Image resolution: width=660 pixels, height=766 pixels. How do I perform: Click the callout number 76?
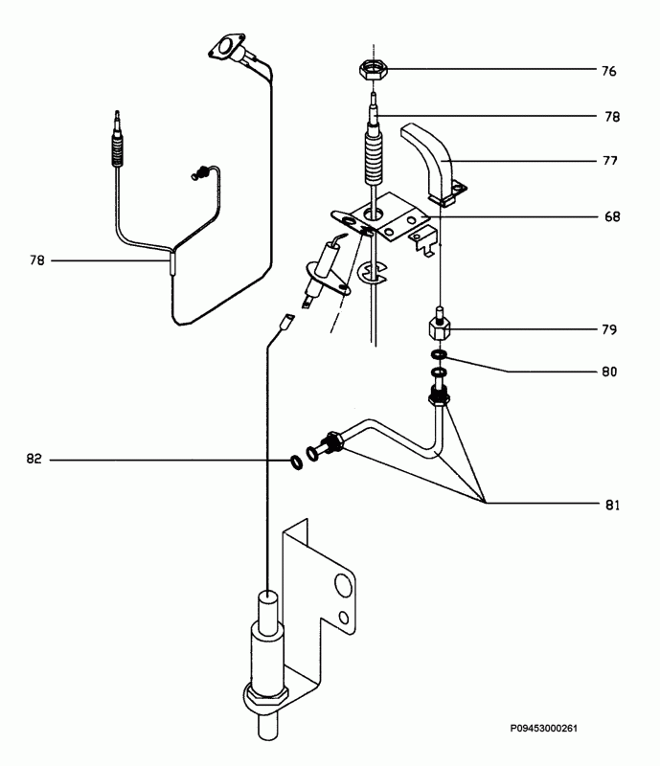608,71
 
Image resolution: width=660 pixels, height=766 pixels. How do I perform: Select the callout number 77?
609,161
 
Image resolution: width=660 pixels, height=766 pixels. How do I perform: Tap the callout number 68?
612,216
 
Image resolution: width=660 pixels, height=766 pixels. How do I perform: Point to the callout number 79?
609,329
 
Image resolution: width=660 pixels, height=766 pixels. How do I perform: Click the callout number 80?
609,372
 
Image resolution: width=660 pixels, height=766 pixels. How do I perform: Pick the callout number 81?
612,505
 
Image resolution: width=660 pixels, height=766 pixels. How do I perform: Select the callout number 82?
34,460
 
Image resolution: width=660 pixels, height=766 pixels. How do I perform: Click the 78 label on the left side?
36,260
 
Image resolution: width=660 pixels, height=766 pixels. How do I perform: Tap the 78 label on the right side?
612,117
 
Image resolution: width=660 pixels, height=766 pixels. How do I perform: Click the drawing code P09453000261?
544,729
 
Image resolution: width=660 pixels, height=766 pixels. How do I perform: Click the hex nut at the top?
374,69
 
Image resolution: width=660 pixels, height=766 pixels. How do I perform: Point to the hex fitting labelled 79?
440,328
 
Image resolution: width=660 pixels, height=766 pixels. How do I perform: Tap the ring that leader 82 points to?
296,462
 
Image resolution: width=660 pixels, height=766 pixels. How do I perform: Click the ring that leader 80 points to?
439,353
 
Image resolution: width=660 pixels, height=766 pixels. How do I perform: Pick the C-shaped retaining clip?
372,272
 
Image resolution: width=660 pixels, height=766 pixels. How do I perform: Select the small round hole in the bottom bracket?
344,619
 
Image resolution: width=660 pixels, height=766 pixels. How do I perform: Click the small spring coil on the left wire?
199,173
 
